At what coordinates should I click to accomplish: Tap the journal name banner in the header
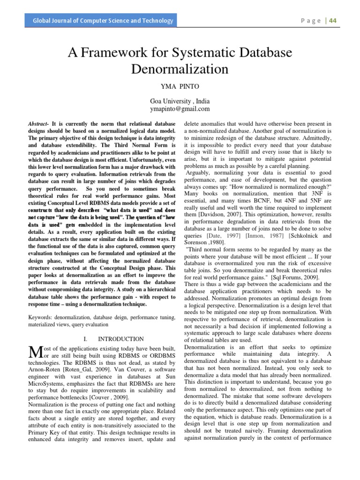point(102,21)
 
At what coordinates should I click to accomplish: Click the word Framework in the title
point(123,53)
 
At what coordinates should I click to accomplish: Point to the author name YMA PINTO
point(180,88)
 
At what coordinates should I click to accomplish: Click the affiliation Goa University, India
point(180,101)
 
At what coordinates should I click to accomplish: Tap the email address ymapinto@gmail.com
point(180,109)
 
